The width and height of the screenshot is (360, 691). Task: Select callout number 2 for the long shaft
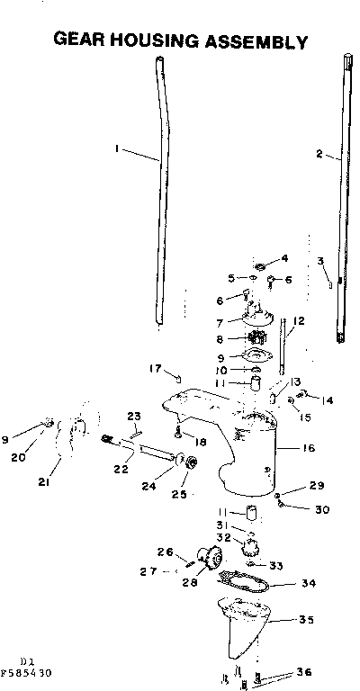coord(319,154)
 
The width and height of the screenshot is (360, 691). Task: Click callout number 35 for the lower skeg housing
coord(306,619)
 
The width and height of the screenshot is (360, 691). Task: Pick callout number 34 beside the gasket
coord(309,582)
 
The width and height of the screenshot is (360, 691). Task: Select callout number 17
coord(155,367)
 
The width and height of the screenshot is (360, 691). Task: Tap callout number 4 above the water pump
coord(285,258)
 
